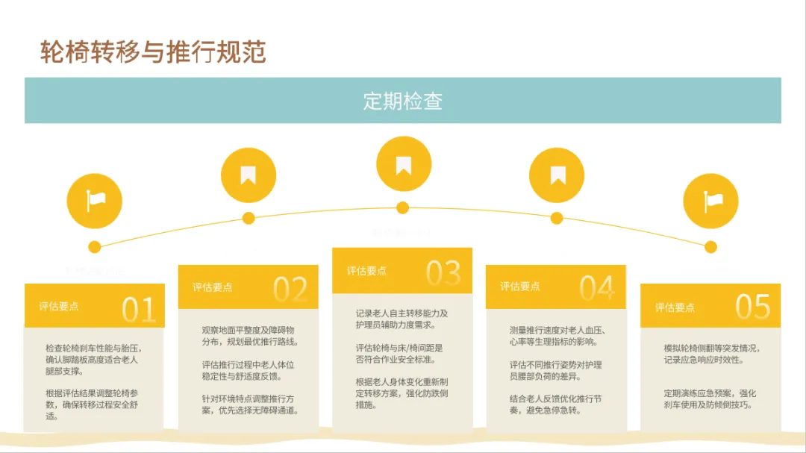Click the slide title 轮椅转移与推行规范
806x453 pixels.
(x=152, y=52)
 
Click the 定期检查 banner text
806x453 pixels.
(x=402, y=101)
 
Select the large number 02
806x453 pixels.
(x=290, y=290)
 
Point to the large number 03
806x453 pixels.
(x=443, y=273)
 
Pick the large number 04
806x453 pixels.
(x=597, y=289)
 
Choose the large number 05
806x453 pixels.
(x=752, y=307)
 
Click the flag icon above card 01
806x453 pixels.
(x=95, y=200)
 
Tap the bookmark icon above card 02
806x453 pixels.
(x=249, y=175)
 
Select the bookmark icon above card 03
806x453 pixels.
(x=403, y=164)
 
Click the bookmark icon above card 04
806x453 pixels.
(x=557, y=175)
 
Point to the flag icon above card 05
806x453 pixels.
(x=711, y=200)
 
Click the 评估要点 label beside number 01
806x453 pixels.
(x=59, y=306)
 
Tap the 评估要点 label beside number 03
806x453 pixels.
(x=366, y=271)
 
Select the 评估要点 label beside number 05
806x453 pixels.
(x=675, y=307)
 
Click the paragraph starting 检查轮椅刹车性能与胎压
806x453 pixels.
(x=93, y=359)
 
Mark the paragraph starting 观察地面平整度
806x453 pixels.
(x=249, y=336)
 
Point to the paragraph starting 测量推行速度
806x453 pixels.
(x=557, y=336)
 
